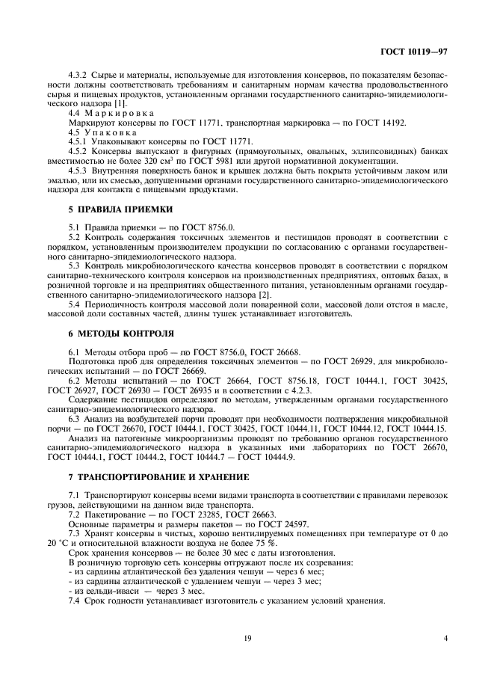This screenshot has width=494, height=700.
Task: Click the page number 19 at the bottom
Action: tap(246, 638)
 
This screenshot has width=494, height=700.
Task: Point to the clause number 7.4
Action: tap(75, 601)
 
